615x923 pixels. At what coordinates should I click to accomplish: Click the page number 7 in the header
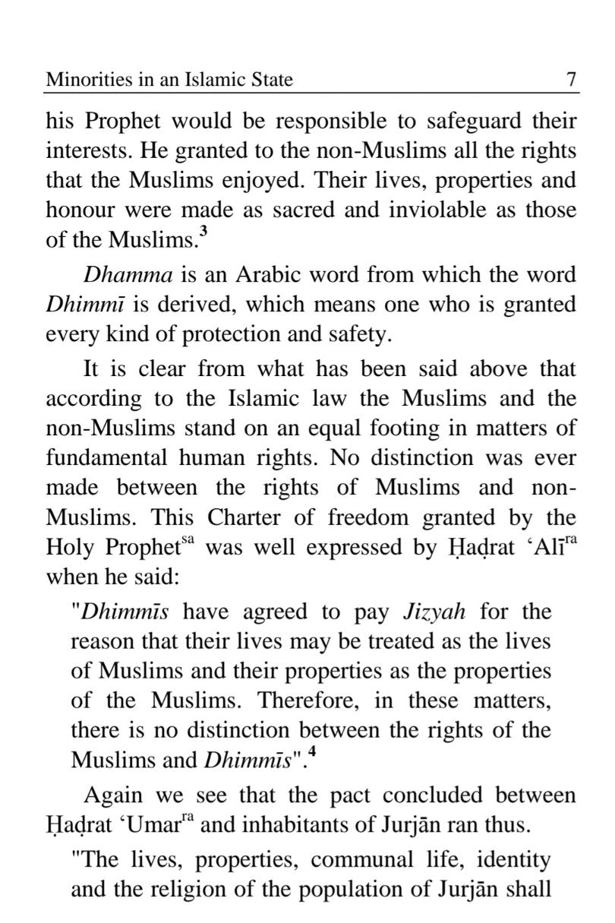[x=571, y=79]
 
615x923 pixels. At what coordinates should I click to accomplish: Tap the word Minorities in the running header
[x=82, y=79]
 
